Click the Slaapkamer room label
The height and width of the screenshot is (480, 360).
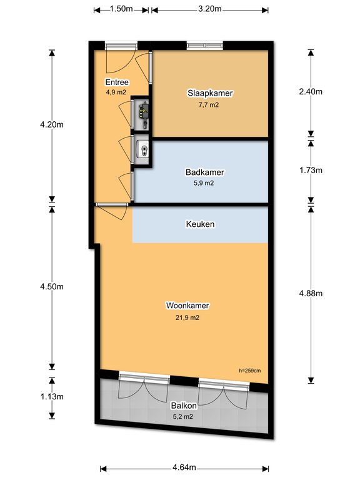click(210, 93)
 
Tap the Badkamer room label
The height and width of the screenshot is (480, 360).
click(205, 172)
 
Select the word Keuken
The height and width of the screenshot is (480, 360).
click(200, 224)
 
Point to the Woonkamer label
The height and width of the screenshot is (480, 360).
click(187, 306)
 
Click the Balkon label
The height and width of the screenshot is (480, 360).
click(184, 406)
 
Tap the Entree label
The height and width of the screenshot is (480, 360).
click(117, 82)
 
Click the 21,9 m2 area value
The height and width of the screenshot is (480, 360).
click(187, 317)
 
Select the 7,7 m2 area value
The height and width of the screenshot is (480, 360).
click(209, 105)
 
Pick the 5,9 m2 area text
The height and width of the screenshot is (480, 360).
click(204, 183)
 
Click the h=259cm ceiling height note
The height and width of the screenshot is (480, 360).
click(250, 371)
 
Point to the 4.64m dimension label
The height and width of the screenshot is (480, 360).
click(184, 467)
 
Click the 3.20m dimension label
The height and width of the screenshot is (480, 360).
click(210, 9)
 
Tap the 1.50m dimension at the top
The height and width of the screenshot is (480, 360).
click(121, 9)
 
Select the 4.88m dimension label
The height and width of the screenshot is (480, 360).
click(311, 293)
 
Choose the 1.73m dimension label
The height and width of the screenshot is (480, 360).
click(311, 170)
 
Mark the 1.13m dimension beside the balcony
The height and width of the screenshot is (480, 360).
click(52, 397)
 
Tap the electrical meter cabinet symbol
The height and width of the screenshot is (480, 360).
click(144, 112)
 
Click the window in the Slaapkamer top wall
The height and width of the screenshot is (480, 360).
click(205, 46)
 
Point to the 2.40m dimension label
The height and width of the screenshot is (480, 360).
click(311, 91)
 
